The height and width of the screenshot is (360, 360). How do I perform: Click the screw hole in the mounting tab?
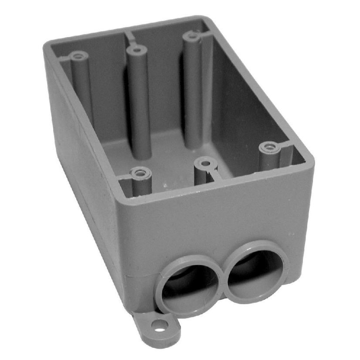tap(161, 324)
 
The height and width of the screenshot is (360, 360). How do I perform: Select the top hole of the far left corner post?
tap(79, 56)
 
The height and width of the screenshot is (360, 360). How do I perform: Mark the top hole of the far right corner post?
tap(190, 36)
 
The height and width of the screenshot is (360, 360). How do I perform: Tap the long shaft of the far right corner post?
tap(193, 87)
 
